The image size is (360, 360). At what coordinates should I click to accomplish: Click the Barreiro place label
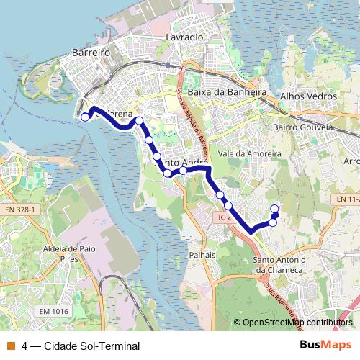click(90, 53)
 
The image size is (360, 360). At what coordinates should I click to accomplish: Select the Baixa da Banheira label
click(227, 93)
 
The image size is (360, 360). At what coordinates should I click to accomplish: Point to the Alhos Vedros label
click(308, 96)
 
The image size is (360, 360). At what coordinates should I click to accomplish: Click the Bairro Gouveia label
click(303, 127)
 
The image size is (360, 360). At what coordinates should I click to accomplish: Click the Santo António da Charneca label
click(282, 265)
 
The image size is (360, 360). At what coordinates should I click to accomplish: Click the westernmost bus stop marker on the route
click(85, 117)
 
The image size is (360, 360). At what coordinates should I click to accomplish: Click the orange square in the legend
click(11, 346)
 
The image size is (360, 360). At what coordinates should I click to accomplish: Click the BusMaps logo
click(325, 345)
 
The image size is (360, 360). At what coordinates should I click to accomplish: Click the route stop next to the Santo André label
click(184, 171)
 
